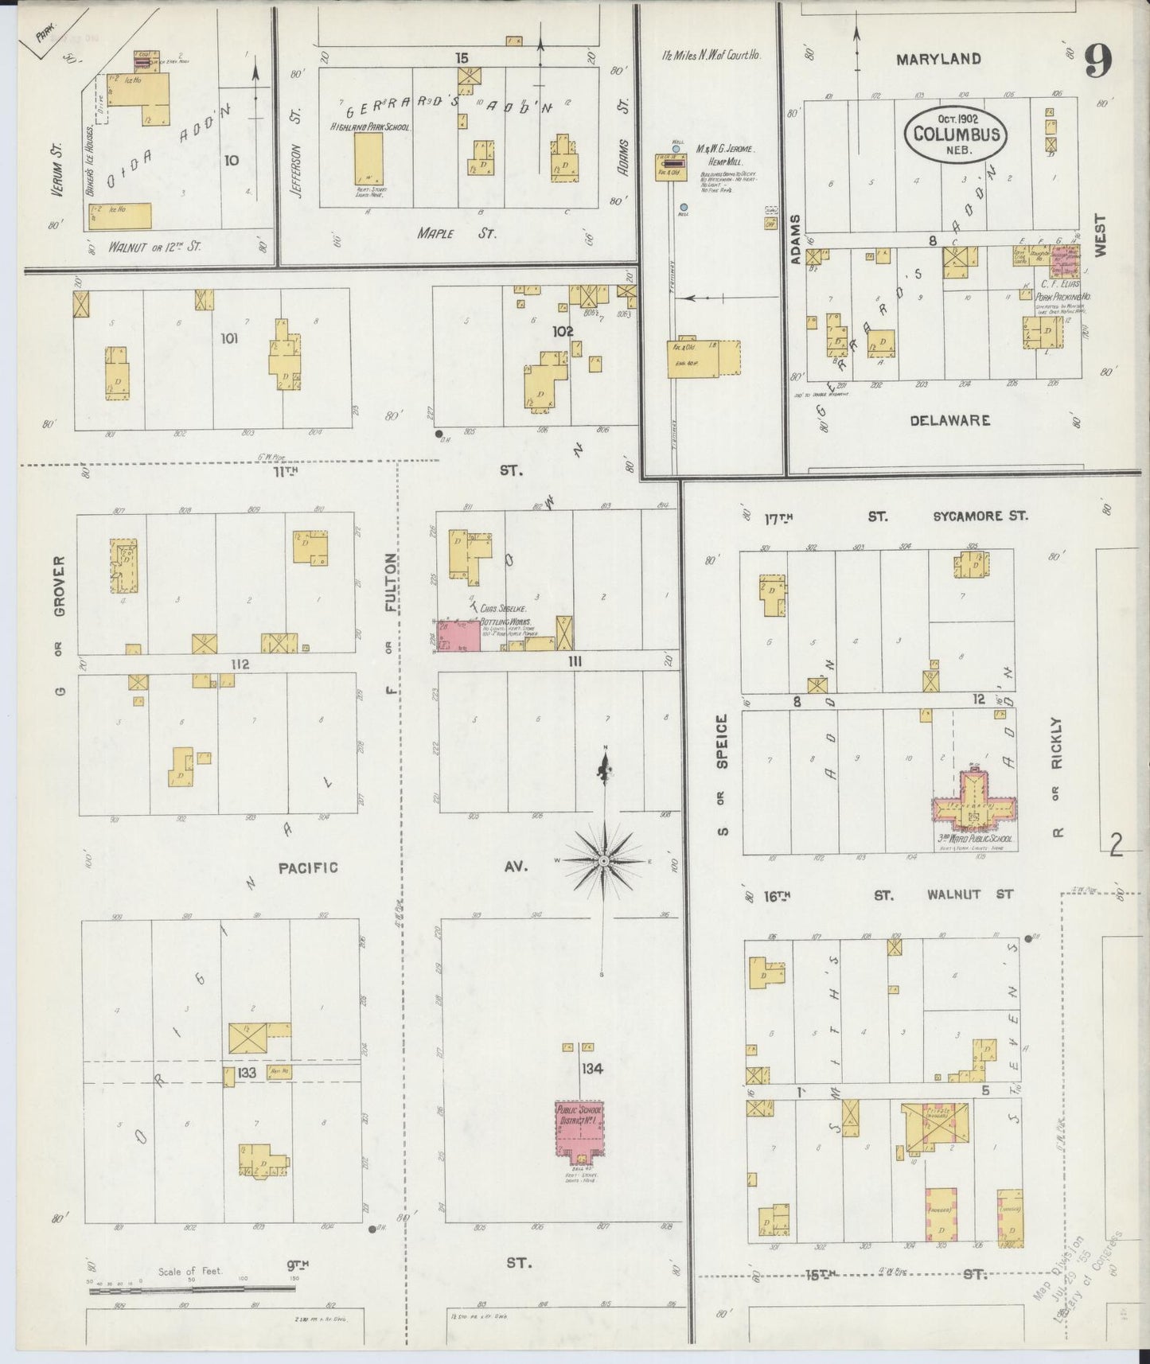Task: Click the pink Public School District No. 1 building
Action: [x=579, y=1129]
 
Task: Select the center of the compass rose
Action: [x=604, y=862]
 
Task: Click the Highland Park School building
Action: [x=368, y=158]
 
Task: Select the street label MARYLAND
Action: [x=938, y=59]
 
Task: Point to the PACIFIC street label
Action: [x=308, y=867]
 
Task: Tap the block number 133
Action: [x=247, y=1073]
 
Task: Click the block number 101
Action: [x=229, y=338]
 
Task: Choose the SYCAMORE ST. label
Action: [x=980, y=516]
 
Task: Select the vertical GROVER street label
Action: [x=60, y=587]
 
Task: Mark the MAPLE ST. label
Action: [x=457, y=233]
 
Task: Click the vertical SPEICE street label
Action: [x=723, y=742]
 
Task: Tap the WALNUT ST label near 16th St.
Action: [x=969, y=894]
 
